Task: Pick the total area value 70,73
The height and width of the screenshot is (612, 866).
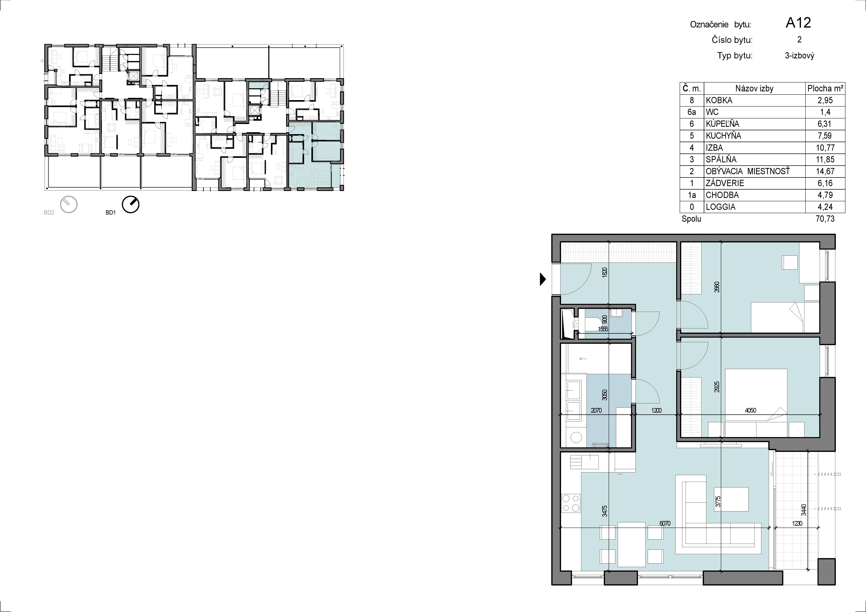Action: click(825, 219)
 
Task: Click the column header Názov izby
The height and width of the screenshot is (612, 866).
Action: click(754, 89)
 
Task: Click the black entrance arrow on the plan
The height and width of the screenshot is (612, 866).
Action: click(543, 279)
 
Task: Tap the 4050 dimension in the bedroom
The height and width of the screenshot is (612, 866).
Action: click(750, 410)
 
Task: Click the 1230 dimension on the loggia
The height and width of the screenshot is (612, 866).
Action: click(797, 523)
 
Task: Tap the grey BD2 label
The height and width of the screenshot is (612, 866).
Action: click(49, 213)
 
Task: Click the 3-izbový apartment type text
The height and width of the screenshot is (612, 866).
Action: click(799, 56)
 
